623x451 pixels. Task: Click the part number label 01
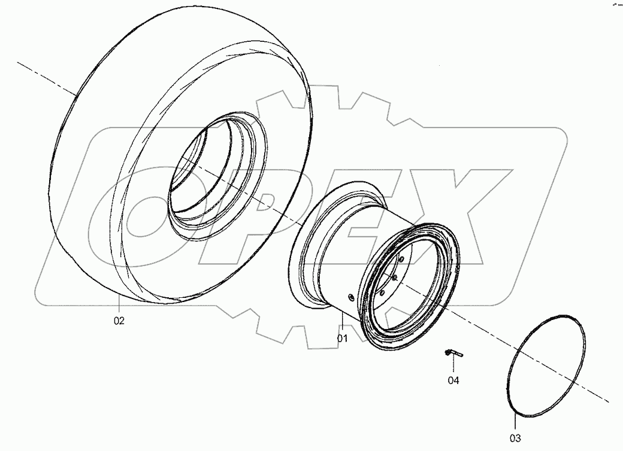(342, 338)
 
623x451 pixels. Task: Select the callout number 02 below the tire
(119, 321)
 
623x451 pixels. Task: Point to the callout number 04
(453, 380)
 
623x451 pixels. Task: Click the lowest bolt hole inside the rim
(381, 293)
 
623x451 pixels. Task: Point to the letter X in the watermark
(443, 215)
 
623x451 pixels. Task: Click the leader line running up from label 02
(119, 305)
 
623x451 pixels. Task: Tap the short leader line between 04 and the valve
(453, 366)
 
